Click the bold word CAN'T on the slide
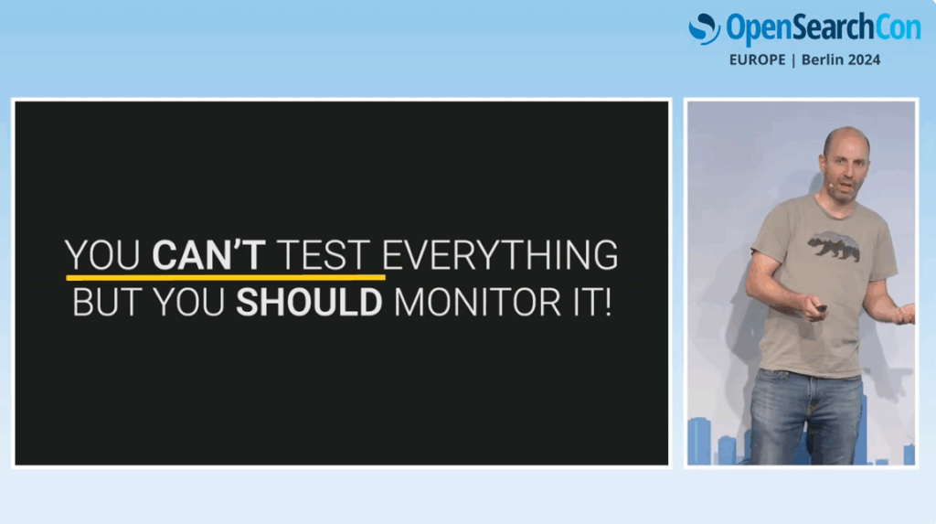point(208,255)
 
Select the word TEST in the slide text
point(323,255)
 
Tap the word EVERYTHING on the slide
point(500,255)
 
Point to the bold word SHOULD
point(309,303)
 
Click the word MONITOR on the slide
point(477,303)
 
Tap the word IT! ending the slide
point(592,303)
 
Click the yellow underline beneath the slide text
point(226,277)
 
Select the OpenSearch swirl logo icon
point(705,28)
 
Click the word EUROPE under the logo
point(757,59)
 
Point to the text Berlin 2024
point(841,59)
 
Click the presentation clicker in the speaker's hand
point(820,308)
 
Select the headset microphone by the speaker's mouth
point(831,186)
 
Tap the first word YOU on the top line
point(102,255)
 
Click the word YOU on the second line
point(188,303)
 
